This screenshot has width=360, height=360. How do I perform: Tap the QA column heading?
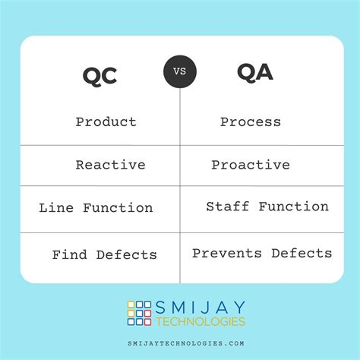(x=255, y=73)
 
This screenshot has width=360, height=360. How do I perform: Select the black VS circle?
(x=180, y=73)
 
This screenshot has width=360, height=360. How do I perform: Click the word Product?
(x=106, y=122)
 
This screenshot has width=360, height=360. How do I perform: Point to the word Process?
(x=251, y=122)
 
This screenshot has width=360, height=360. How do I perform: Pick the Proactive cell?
(x=251, y=165)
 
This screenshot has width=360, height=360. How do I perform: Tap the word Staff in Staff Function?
(x=227, y=207)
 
